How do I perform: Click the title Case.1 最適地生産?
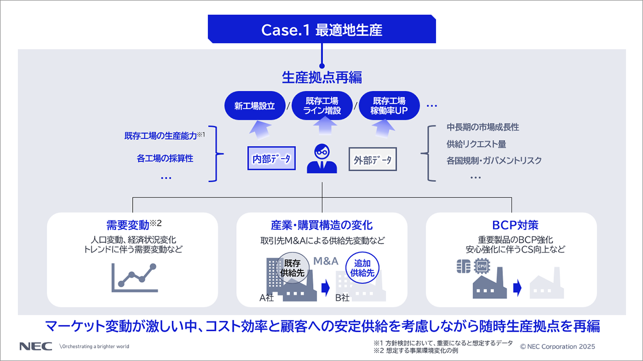point(321,30)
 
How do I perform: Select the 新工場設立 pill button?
point(253,106)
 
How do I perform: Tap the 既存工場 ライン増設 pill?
point(322,105)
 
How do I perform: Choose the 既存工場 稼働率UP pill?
point(389,105)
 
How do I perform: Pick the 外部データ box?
point(373,160)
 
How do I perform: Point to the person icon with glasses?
point(322,159)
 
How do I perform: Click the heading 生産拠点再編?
point(321,77)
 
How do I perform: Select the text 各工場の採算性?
point(165,159)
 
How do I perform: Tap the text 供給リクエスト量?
point(476,144)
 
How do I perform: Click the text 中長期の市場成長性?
point(483,128)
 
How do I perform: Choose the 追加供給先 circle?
point(362,268)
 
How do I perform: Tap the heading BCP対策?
point(512,225)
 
